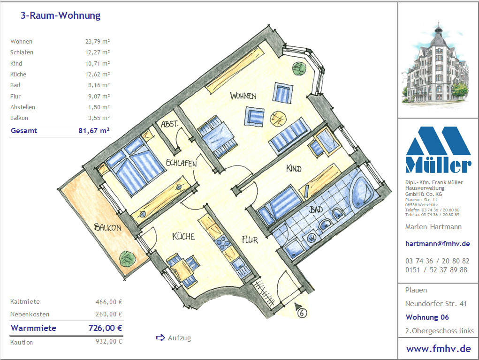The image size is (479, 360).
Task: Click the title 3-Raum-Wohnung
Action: [x=61, y=15]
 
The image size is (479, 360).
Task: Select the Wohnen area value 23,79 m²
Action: [x=98, y=42]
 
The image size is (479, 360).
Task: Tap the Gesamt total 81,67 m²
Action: [x=94, y=131]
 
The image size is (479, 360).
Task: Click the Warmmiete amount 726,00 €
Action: [x=105, y=328]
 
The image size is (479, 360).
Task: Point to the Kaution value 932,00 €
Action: [x=109, y=341]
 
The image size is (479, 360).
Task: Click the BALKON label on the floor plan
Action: [x=107, y=227]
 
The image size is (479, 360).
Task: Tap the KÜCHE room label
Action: [x=183, y=236]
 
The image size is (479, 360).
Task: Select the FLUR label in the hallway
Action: [x=250, y=240]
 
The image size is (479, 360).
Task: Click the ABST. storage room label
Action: [x=169, y=124]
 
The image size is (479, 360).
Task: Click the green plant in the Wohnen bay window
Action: [x=299, y=68]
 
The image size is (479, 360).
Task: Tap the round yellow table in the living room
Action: [x=278, y=118]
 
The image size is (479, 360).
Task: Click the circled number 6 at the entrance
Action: [x=302, y=313]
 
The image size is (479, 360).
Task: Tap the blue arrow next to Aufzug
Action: [x=160, y=337]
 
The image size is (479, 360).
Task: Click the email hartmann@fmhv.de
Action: [x=437, y=244]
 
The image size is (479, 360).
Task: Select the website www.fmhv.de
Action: [x=438, y=349]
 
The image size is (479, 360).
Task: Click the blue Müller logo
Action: [x=438, y=150]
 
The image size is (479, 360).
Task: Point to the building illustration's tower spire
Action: [x=439, y=25]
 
